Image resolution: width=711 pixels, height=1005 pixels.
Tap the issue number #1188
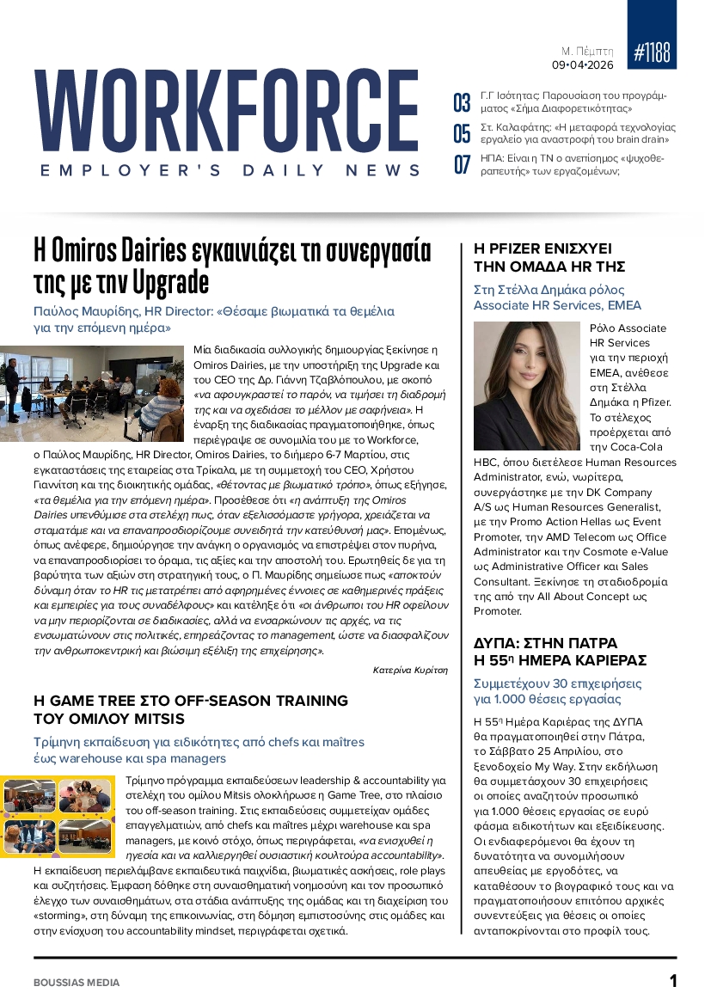[x=652, y=52]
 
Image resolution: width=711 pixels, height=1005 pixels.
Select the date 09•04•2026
[x=582, y=64]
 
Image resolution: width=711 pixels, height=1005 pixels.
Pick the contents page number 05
[x=462, y=133]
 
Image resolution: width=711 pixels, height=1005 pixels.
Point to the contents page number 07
[x=462, y=164]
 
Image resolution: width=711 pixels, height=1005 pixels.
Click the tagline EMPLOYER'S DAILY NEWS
[x=230, y=171]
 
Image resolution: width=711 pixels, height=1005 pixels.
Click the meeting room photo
[x=92, y=393]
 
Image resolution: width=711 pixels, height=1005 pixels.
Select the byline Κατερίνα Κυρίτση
[x=410, y=669]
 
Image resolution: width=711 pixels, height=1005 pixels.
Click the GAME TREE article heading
[x=191, y=709]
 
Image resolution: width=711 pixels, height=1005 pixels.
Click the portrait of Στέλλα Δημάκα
[x=527, y=386]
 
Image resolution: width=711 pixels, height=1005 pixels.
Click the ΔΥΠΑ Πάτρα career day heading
[x=560, y=651]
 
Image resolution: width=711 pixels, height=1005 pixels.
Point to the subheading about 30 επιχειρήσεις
[x=557, y=691]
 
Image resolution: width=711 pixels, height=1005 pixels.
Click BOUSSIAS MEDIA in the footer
[x=77, y=982]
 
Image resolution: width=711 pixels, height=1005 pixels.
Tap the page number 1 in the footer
[x=673, y=981]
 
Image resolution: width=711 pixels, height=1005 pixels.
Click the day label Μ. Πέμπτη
[x=587, y=51]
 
